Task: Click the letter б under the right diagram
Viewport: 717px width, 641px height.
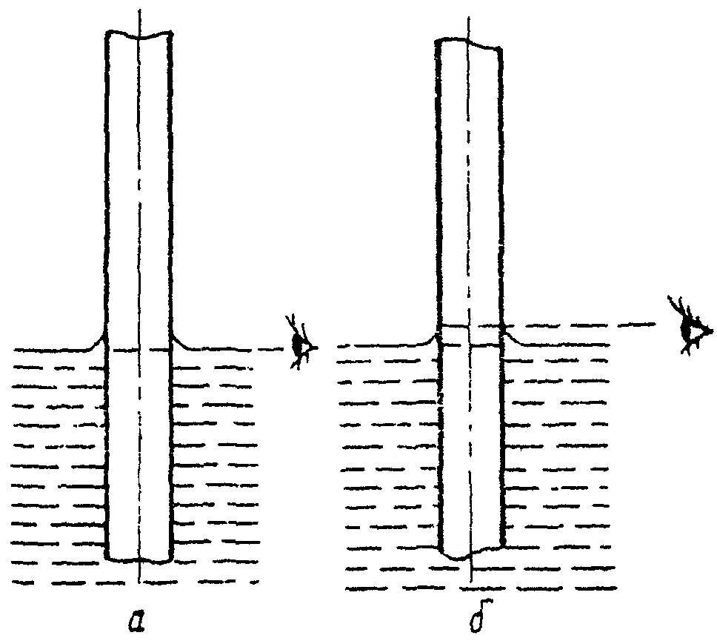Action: [470, 615]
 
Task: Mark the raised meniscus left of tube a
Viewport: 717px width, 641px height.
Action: [96, 342]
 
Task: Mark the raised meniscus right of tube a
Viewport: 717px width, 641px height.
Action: [182, 342]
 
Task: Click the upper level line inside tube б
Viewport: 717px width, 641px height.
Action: [470, 325]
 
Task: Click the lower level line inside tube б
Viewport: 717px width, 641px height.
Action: [470, 345]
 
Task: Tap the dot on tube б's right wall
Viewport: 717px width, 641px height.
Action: [503, 325]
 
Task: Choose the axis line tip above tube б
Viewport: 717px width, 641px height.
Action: [470, 16]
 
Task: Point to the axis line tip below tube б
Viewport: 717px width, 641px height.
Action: [472, 579]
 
